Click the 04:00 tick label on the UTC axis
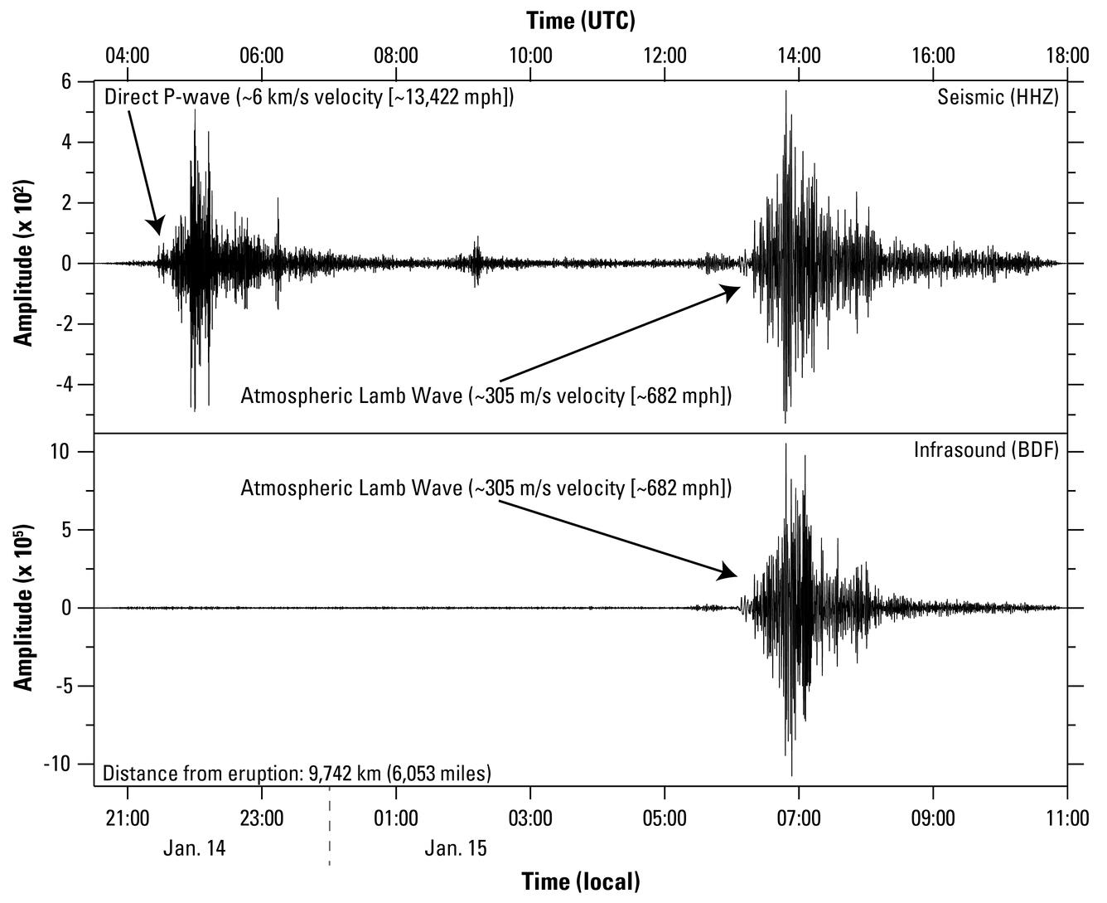point(127,56)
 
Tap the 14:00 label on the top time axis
point(799,56)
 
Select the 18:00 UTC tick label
point(1067,56)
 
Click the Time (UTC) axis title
point(581,20)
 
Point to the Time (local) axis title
point(581,881)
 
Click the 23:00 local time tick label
point(261,818)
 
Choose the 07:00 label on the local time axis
point(799,818)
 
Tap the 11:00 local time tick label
point(1067,818)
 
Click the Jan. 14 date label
point(194,849)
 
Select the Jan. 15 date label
point(456,849)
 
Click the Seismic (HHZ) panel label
point(998,97)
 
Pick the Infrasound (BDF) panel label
point(986,450)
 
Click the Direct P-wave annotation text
point(309,97)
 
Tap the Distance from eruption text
point(297,774)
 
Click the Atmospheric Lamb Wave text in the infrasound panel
point(486,488)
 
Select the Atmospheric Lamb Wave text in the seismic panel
point(486,396)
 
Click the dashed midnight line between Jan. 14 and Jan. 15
point(329,829)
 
